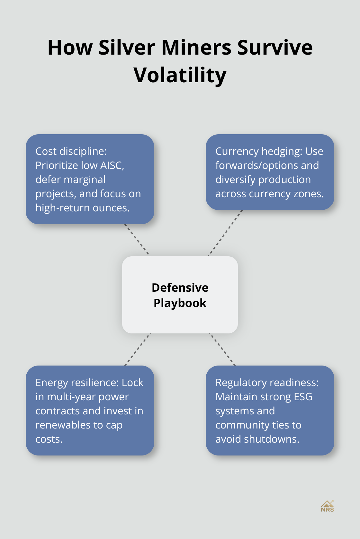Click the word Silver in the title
click(127, 48)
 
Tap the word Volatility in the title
click(180, 75)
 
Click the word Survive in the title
click(275, 48)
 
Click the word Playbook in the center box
click(180, 303)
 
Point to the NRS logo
click(327, 506)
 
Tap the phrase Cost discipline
click(71, 151)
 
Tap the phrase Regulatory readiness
click(267, 383)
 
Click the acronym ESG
click(303, 397)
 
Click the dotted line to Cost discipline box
click(137, 240)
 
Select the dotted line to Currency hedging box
click(225, 233)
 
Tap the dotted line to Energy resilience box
click(137, 349)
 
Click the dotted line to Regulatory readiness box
click(222, 349)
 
